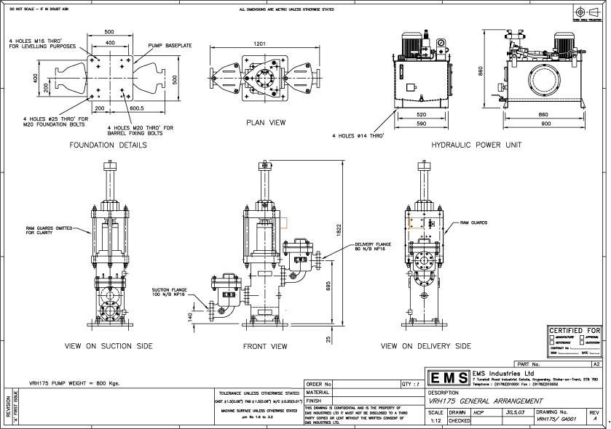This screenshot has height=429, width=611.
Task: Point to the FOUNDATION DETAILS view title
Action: pos(108,145)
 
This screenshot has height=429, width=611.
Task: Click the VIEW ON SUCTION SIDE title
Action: pos(109,347)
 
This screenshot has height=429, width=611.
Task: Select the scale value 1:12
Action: pos(435,420)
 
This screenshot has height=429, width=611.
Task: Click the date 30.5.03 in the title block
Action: pos(513,412)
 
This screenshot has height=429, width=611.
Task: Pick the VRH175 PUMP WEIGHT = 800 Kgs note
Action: pos(74,382)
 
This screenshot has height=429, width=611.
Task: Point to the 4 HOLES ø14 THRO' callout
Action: pos(358,135)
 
